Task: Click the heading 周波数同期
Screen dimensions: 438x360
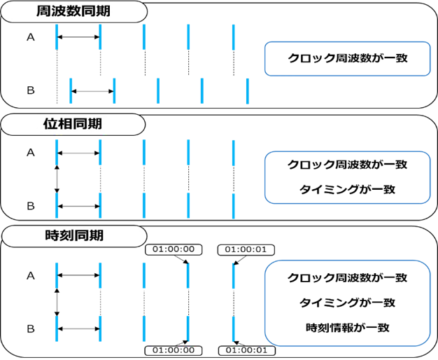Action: pos(73,11)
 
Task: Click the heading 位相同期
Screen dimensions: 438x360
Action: pos(73,124)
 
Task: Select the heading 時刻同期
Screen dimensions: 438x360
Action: pos(74,235)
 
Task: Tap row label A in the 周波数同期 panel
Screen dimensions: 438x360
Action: pos(31,37)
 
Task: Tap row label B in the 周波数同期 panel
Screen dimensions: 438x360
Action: pos(31,90)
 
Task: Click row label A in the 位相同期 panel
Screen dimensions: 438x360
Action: pos(31,153)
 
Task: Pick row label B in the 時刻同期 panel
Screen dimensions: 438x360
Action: pos(31,328)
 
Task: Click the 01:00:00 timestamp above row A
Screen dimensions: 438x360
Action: pos(174,249)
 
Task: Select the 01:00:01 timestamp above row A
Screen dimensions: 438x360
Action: pos(246,249)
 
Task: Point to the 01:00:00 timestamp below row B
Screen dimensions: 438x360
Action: pos(174,350)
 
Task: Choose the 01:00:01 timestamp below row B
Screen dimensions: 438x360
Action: pos(247,350)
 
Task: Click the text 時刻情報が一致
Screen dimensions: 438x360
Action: pos(348,328)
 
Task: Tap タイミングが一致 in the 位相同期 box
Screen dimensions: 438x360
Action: pos(348,190)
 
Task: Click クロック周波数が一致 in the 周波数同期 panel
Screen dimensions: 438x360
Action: pos(348,58)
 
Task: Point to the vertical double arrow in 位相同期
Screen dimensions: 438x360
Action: pos(57,179)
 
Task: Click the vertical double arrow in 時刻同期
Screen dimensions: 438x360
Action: pos(57,303)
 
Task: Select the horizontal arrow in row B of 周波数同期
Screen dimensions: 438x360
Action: pos(93,91)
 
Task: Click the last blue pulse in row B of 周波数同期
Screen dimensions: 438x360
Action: pos(248,91)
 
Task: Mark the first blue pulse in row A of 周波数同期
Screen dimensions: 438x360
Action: pos(57,37)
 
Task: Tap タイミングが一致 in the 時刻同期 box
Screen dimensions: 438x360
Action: pos(348,303)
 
